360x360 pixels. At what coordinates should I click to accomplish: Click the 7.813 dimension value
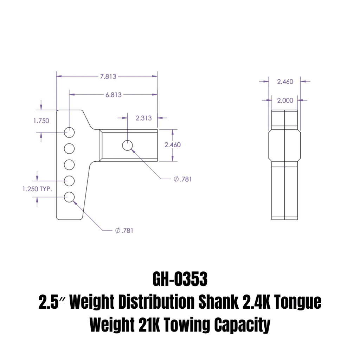(108, 76)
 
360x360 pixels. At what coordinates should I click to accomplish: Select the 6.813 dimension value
(114, 95)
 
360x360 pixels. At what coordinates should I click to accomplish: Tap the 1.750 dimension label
(41, 121)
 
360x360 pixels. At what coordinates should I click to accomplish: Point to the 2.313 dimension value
(143, 118)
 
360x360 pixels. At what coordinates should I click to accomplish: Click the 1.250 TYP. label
(37, 189)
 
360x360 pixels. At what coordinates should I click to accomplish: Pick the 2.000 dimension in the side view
(285, 100)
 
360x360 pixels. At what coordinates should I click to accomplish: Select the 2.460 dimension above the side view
(285, 82)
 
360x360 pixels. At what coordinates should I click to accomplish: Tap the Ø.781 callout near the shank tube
(183, 179)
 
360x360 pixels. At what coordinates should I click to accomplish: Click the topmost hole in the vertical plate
(69, 133)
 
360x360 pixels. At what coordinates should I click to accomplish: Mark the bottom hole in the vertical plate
(69, 197)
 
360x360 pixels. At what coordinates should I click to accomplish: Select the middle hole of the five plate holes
(69, 164)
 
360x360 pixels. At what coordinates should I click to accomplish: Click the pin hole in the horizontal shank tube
(127, 145)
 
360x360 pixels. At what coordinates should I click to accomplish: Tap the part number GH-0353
(180, 279)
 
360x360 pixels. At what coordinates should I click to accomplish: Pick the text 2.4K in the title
(253, 303)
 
